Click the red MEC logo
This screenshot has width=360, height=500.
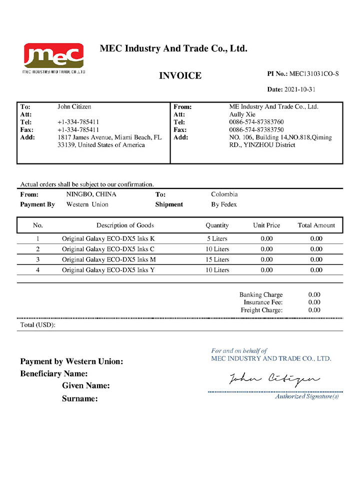[53, 56]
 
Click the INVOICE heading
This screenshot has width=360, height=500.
[180, 76]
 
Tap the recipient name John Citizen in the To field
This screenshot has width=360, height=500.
[74, 106]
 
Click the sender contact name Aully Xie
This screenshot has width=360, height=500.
[242, 114]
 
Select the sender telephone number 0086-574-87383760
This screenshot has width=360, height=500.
[256, 122]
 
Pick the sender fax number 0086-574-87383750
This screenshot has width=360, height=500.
[256, 129]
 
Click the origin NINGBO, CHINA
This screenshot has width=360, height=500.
[91, 194]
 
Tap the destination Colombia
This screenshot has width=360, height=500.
[224, 194]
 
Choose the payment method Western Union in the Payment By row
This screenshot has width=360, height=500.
[87, 204]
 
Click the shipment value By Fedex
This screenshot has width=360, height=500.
[224, 204]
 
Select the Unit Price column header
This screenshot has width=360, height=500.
[266, 225]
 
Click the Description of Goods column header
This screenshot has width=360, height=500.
[125, 225]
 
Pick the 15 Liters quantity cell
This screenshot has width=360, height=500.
[217, 259]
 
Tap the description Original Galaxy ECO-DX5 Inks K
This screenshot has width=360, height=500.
[108, 238]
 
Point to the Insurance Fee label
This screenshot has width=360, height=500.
[263, 302]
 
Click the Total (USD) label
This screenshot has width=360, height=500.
[37, 325]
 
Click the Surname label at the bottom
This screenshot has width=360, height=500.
[79, 399]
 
